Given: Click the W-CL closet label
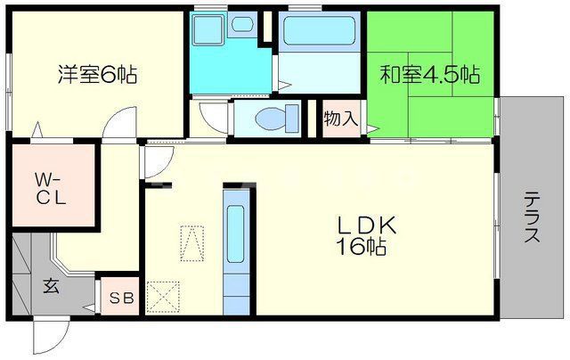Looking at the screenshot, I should [x=50, y=189].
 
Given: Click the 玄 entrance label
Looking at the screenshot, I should [x=51, y=287].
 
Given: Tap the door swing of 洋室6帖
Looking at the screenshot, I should [x=114, y=127].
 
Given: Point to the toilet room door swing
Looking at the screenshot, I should [x=214, y=118].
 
